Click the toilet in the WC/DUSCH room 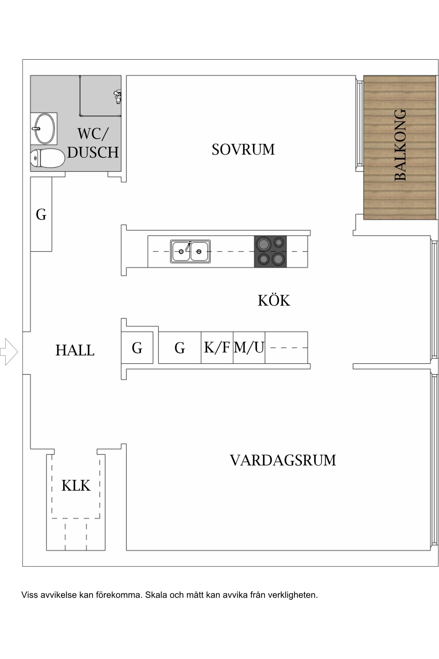[47, 158]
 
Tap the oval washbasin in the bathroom [44, 129]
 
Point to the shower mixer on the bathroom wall [118, 96]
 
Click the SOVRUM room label [243, 150]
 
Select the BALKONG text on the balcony [400, 145]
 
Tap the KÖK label [274, 301]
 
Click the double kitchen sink [190, 251]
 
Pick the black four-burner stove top [270, 251]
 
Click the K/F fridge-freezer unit [217, 347]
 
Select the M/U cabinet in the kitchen [249, 347]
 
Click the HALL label [75, 350]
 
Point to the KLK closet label [76, 486]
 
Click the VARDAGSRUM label [283, 460]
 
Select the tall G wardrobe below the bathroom [41, 214]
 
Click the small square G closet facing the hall [137, 348]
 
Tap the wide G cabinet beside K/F [179, 348]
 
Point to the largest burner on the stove [264, 244]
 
